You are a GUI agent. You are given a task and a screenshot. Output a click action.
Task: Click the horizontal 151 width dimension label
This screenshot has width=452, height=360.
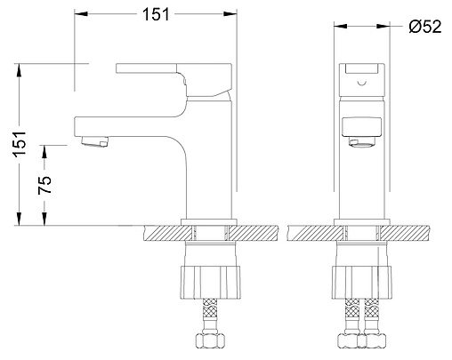click(x=156, y=14)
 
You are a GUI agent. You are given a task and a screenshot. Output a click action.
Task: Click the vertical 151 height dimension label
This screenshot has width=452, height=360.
click(x=20, y=144)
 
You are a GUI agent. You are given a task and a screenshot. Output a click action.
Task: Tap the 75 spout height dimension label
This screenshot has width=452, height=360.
click(x=44, y=185)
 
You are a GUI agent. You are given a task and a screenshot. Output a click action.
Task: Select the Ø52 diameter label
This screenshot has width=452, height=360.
click(x=425, y=27)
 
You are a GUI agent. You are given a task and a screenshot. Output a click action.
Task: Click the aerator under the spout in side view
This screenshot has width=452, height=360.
click(x=94, y=141)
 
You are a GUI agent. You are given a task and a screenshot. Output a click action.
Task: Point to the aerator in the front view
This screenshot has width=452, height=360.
click(x=361, y=141)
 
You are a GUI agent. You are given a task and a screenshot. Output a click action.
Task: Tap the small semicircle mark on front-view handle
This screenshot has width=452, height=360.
click(x=362, y=83)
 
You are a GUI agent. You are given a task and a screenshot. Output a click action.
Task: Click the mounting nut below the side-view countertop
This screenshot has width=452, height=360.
click(x=211, y=283)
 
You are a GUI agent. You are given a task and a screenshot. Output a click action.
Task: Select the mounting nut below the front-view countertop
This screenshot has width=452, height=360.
click(x=361, y=283)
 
